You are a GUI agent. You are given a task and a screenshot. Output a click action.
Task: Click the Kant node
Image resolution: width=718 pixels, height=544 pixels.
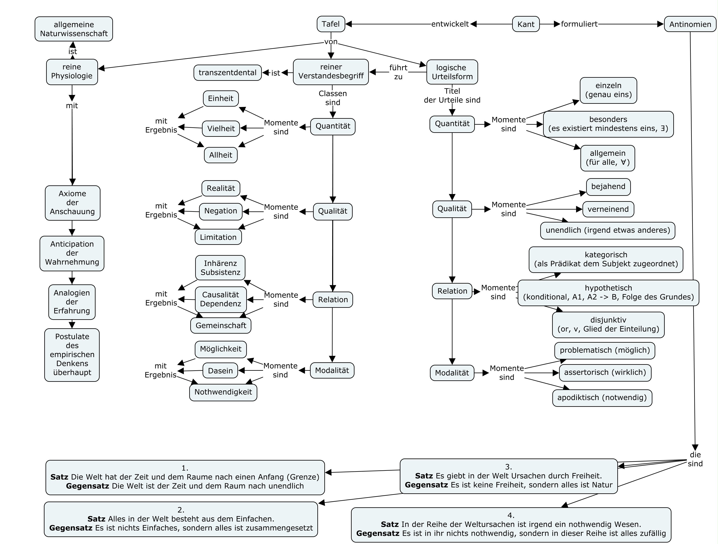[x=526, y=24]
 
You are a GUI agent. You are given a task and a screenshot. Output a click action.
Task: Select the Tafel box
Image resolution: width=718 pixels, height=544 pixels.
[x=331, y=24]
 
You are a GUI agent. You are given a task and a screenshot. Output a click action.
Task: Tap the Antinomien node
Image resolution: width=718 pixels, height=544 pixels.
[x=690, y=24]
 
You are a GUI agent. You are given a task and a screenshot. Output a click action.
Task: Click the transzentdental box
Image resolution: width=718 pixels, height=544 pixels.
[x=228, y=73]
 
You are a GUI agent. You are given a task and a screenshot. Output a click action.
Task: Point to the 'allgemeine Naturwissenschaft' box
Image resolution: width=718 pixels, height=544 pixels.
[x=74, y=29]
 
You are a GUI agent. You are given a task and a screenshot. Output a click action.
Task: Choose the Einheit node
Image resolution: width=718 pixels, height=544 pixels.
[x=221, y=98]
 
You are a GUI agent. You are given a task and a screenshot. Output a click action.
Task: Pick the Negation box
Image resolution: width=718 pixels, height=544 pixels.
[x=221, y=211]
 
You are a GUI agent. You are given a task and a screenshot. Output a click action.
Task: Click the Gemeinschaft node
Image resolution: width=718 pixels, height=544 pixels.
[x=221, y=326]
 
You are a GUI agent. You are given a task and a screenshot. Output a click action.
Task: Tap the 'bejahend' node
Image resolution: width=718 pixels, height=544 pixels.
[x=608, y=187]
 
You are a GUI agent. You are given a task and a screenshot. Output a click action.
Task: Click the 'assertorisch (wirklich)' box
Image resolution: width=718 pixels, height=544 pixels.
[x=605, y=373]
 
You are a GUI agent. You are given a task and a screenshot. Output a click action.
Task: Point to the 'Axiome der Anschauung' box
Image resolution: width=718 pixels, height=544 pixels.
[x=72, y=203]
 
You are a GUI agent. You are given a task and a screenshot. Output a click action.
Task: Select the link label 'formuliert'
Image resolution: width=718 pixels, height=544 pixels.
[x=579, y=24]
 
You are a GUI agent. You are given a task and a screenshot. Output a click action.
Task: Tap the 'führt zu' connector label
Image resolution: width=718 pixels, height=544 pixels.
[x=398, y=72]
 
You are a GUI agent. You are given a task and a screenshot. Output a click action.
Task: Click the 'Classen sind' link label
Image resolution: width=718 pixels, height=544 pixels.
[x=333, y=98]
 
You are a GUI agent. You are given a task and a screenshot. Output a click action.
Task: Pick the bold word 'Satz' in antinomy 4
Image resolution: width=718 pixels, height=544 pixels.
[x=390, y=524]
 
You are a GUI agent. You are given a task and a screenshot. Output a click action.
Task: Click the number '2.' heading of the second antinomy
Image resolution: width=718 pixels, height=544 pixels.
[x=181, y=510]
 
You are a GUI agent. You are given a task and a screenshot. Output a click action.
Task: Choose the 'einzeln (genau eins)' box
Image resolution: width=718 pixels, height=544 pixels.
[x=608, y=90]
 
